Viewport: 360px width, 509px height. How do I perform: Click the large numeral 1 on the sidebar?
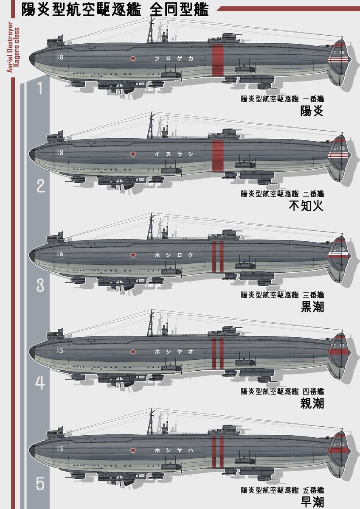point(40,89)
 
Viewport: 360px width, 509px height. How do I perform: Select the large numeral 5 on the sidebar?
point(40,484)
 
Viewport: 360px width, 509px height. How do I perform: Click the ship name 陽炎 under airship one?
point(312,112)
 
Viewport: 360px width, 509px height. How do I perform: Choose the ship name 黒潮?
point(312,307)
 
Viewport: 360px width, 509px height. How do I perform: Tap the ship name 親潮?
point(312,403)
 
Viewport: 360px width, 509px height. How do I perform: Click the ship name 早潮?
point(312,502)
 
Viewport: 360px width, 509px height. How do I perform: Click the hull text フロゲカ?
point(174,59)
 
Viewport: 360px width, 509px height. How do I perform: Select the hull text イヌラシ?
point(174,155)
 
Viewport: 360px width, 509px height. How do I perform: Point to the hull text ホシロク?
point(174,255)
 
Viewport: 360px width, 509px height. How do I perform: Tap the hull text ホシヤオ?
point(174,352)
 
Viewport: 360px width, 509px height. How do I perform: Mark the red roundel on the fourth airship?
point(133,352)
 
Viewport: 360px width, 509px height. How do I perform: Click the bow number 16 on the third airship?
point(59,254)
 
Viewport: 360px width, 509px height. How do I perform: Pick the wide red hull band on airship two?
point(218,155)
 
